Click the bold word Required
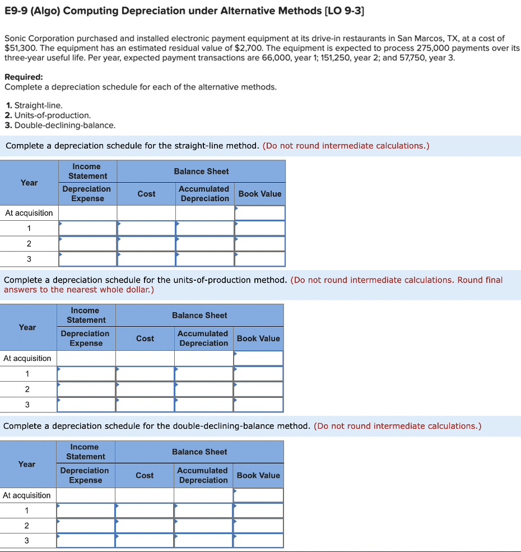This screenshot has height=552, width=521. tap(24, 77)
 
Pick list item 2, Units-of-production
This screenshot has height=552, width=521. tap(48, 115)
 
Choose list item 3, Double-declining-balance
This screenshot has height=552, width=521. tap(60, 125)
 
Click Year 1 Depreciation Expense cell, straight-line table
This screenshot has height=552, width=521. tap(87, 228)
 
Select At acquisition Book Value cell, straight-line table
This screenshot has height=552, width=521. tap(259, 213)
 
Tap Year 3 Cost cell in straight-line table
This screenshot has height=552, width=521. tap(146, 259)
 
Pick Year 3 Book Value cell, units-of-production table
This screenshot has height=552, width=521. tap(258, 404)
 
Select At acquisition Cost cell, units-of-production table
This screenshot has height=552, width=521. tap(145, 358)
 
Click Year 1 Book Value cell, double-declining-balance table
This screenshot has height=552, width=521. tap(258, 511)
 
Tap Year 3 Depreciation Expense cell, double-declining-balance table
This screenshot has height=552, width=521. tap(85, 541)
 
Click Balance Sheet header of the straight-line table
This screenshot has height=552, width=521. tap(201, 171)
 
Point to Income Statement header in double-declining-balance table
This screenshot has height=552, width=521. tap(85, 452)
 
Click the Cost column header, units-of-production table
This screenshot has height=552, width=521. tap(145, 338)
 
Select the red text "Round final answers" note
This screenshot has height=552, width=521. tap(480, 280)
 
